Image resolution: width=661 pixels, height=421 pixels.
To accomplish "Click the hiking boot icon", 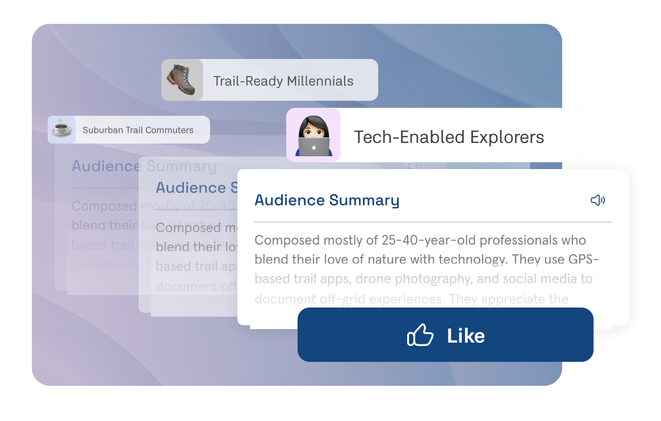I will (x=182, y=80).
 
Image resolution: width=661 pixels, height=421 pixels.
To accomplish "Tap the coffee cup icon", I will (x=61, y=129).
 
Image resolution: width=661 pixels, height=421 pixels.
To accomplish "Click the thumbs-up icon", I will (x=420, y=336).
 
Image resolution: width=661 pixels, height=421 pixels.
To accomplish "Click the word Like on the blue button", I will (x=466, y=336).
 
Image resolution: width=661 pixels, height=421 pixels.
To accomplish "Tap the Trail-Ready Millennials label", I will (x=283, y=81).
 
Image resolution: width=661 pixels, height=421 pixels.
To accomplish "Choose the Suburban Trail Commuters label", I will (x=138, y=130).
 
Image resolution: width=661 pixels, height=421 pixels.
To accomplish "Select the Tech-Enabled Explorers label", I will (x=449, y=137).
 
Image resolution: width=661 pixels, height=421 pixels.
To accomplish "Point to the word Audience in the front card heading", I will (x=290, y=200).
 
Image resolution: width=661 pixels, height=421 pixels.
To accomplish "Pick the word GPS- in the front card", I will (x=582, y=259).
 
